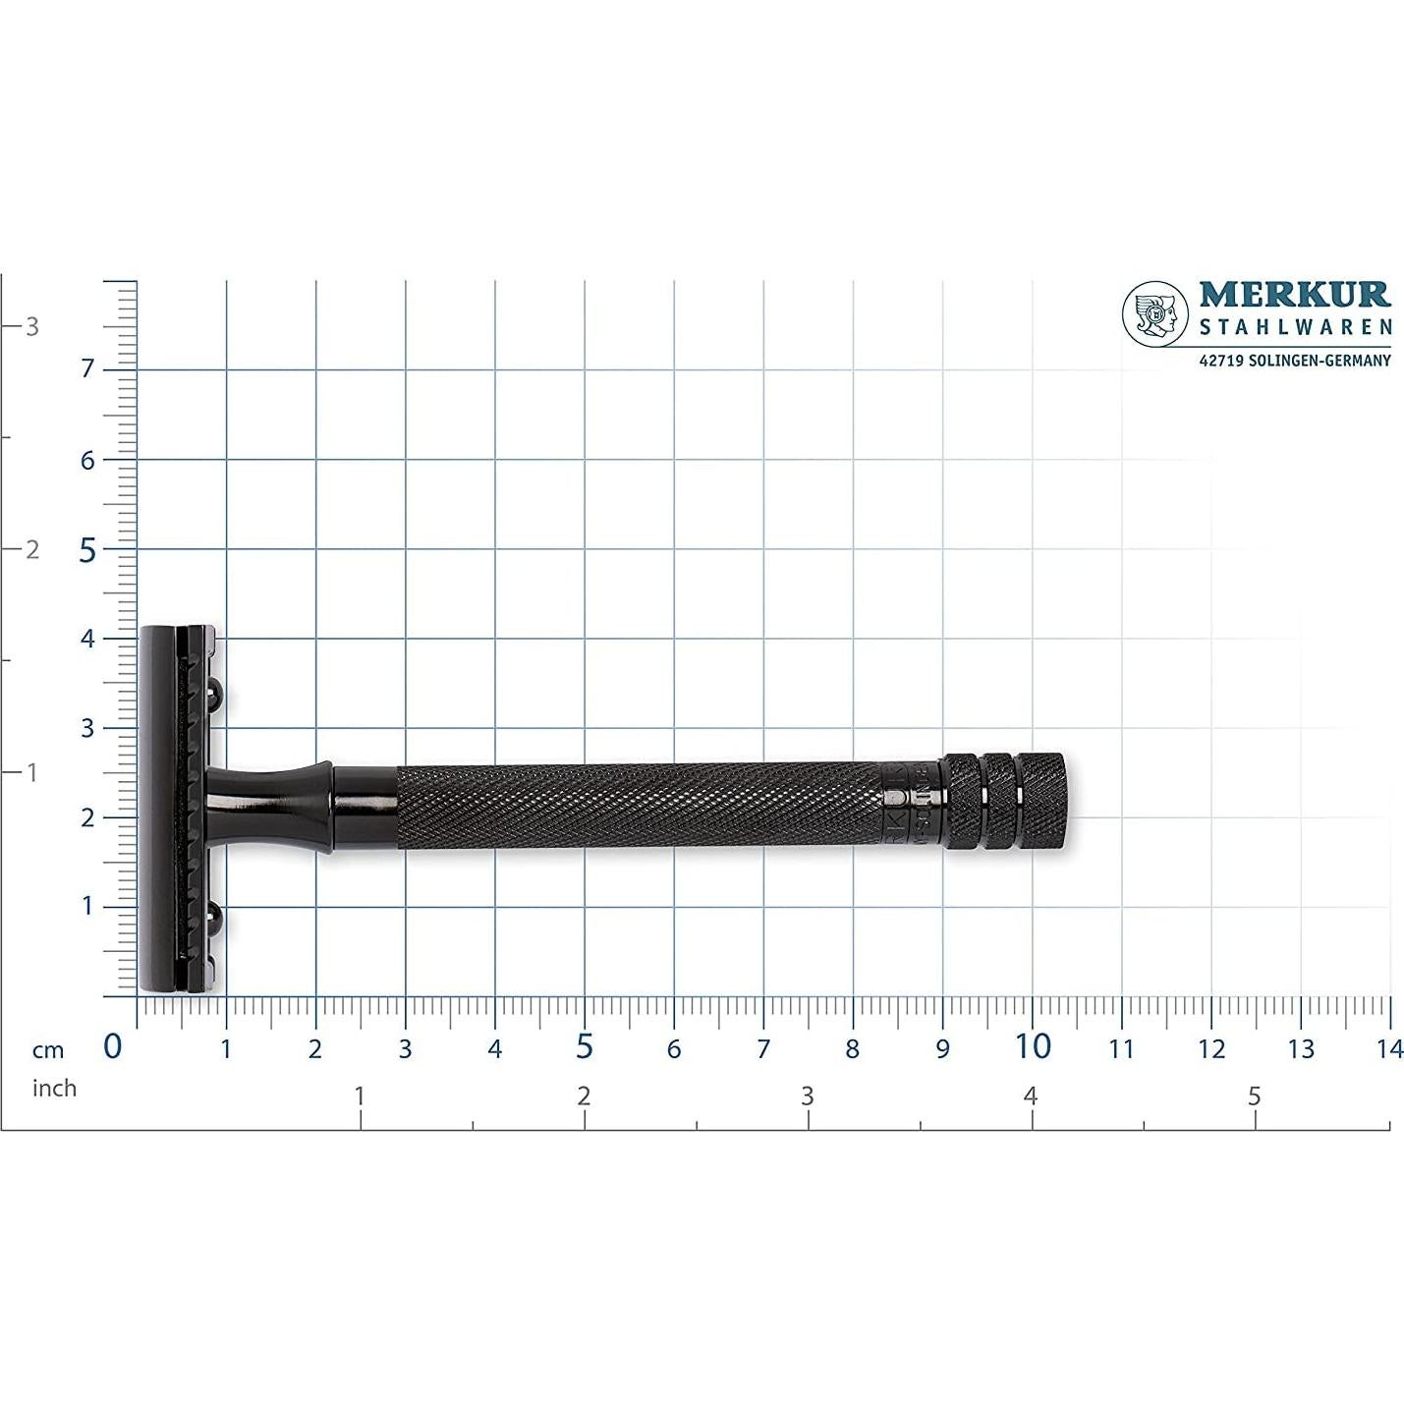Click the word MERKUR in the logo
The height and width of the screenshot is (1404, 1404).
[x=1294, y=295]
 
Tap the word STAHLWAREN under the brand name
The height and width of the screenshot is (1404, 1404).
[x=1295, y=327]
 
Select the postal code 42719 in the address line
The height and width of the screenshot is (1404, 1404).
[x=1222, y=361]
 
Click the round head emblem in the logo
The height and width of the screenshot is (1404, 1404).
[x=1155, y=314]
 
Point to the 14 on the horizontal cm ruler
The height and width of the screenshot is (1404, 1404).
[x=1388, y=1049]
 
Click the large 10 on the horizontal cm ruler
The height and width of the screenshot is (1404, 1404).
[x=1032, y=1047]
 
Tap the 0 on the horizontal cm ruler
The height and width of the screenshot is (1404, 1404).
[x=113, y=1047]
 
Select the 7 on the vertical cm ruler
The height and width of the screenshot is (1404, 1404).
[x=87, y=369]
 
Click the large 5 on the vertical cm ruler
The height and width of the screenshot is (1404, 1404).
[x=87, y=550]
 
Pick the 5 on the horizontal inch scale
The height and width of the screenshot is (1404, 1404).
[x=1254, y=1096]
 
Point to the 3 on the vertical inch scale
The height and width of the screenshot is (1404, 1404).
[x=32, y=326]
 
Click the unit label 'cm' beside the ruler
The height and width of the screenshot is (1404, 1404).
[x=47, y=1050]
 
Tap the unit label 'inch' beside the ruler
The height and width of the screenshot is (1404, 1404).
[x=54, y=1089]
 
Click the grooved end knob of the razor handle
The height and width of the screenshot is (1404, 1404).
[x=1004, y=801]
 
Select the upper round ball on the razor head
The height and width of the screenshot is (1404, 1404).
[x=215, y=696]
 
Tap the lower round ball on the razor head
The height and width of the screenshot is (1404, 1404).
[x=215, y=917]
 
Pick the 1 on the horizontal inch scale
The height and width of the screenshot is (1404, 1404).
[x=360, y=1096]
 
